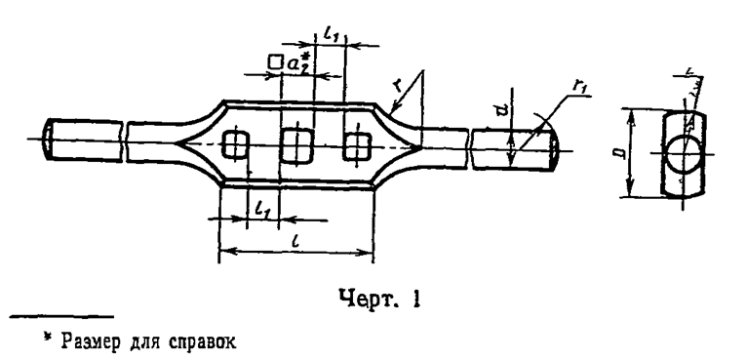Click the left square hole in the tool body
click(x=233, y=144)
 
